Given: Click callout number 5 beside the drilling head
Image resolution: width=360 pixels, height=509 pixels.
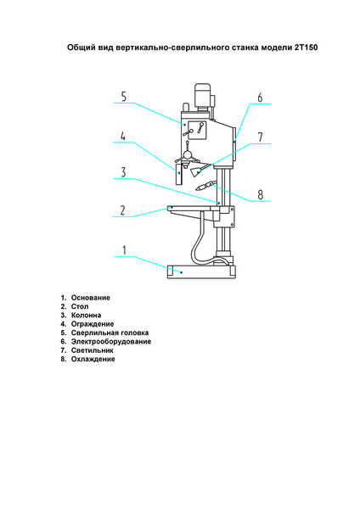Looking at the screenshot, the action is (123, 97).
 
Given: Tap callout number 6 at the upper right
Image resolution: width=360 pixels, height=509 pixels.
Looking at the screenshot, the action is (260, 97).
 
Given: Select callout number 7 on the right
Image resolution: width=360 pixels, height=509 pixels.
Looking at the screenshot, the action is (261, 137).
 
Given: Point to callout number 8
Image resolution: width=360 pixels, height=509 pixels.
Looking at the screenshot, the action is (261, 195).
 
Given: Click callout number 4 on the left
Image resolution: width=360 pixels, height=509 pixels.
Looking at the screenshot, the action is (123, 136).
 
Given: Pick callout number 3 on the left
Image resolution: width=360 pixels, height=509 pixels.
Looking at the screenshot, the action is (123, 172).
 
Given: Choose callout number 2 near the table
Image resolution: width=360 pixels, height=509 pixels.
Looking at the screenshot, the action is (122, 210).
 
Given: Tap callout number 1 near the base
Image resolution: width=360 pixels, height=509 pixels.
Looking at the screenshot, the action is (124, 250).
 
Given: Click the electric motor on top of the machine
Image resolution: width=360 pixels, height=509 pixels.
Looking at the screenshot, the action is (202, 95).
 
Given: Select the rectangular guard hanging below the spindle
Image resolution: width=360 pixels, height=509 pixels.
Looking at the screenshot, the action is (178, 174).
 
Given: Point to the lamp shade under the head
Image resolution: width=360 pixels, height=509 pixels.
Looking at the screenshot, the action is (198, 171).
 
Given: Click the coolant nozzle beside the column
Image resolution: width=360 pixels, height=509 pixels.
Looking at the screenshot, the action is (205, 186).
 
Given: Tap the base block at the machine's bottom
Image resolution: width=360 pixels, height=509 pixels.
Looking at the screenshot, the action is (200, 271).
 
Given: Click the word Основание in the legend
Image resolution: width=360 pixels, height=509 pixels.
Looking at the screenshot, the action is (91, 298).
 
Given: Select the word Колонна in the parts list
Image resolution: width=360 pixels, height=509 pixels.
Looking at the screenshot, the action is (86, 316).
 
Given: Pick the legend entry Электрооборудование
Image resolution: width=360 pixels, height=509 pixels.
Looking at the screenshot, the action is (111, 342).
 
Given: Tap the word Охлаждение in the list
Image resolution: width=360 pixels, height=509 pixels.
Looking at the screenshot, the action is (93, 359).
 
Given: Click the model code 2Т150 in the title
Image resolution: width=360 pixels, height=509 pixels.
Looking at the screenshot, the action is (306, 48).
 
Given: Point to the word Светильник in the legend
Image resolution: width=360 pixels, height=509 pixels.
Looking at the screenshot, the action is (93, 350).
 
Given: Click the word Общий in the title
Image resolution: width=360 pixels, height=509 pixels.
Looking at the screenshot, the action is (77, 48).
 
